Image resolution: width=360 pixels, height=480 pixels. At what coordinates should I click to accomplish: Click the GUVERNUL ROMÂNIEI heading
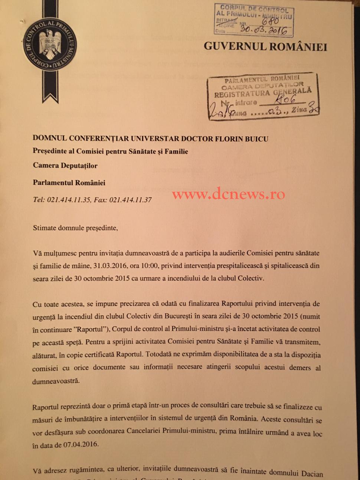click(x=265, y=47)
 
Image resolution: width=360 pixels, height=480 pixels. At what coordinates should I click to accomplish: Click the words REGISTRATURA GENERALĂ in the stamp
click(x=262, y=92)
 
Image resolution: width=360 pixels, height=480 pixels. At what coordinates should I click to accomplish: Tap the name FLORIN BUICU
click(x=241, y=139)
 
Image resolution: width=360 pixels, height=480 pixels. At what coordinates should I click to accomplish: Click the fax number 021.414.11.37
click(x=130, y=200)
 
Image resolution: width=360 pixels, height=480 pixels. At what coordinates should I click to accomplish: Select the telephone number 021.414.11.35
click(x=69, y=200)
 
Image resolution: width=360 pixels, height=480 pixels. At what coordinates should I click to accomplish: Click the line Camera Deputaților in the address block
click(x=65, y=166)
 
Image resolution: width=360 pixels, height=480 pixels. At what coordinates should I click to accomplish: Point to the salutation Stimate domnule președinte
click(x=75, y=228)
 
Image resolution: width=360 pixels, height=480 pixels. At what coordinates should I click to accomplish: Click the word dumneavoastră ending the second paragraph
click(x=56, y=381)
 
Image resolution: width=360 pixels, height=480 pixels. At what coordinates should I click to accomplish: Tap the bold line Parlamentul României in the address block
click(x=69, y=183)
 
